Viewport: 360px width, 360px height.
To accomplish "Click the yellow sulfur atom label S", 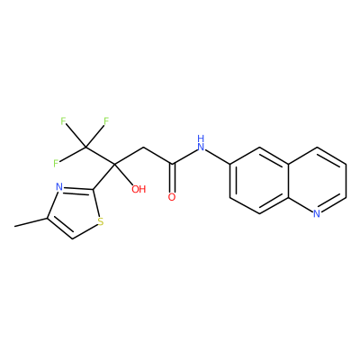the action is coord(101,222).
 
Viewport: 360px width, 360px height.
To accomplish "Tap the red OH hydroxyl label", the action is coord(139,189).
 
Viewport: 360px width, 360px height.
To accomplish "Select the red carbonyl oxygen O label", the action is coord(172,197).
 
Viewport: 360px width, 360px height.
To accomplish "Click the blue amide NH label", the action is coord(201,143).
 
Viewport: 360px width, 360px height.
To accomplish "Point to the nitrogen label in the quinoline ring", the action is coord(317,214).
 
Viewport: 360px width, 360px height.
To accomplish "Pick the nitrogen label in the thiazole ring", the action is coord(59,187).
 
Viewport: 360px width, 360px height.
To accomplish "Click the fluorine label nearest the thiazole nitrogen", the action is coord(56,164).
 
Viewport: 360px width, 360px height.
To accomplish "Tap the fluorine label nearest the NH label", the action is coord(106,121).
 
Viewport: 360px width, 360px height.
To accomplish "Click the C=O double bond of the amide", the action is coord(172,178).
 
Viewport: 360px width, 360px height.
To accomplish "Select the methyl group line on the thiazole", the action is coord(31,222).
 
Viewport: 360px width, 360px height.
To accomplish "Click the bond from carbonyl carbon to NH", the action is coord(184,157).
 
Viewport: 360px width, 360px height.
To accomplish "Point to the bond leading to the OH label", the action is coord(123,175).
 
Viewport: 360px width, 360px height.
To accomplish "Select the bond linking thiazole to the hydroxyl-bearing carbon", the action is coord(104,176).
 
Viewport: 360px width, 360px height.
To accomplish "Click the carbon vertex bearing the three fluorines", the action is coord(85,148).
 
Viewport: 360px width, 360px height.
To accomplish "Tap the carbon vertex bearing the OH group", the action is coord(114,164).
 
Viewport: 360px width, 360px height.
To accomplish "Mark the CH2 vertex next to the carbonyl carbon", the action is coord(143,148).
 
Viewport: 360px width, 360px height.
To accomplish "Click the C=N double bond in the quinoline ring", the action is coord(333,204).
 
